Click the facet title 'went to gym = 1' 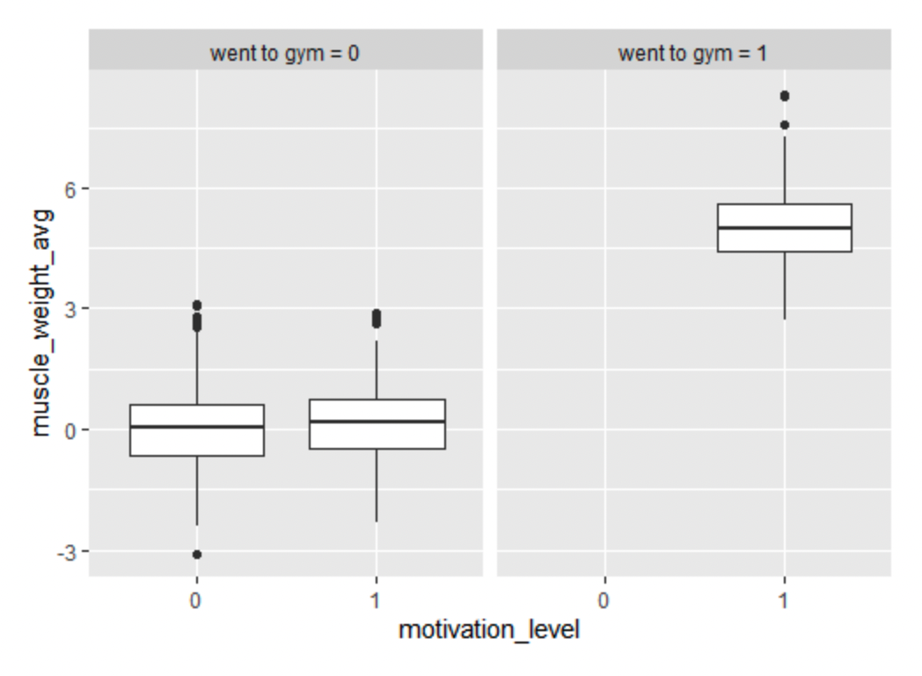pyautogui.click(x=693, y=53)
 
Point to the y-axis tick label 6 pyautogui.click(x=70, y=189)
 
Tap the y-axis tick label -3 pyautogui.click(x=67, y=552)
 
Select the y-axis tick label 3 pyautogui.click(x=70, y=309)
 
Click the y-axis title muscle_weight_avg pyautogui.click(x=40, y=322)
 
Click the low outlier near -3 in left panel pyautogui.click(x=196, y=555)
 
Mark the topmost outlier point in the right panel pyautogui.click(x=784, y=96)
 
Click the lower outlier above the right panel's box pyautogui.click(x=784, y=125)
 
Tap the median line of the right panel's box pyautogui.click(x=784, y=228)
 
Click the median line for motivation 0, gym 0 pyautogui.click(x=196, y=427)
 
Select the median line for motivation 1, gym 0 pyautogui.click(x=377, y=421)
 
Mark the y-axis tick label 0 pyautogui.click(x=70, y=430)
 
